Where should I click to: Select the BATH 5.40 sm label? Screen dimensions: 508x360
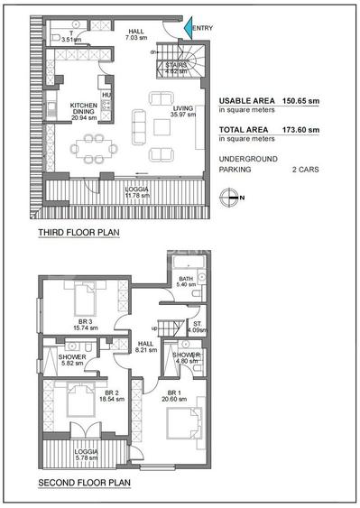coord(186,282)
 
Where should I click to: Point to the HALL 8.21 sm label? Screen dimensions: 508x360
coord(146,346)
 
